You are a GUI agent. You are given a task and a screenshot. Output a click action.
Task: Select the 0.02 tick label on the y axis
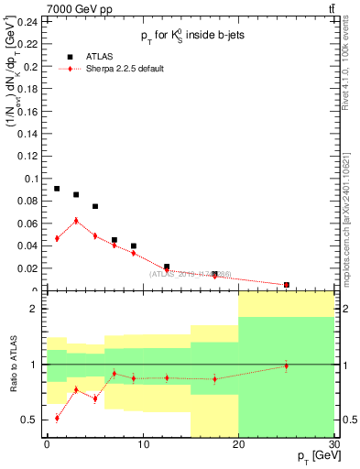[28, 268]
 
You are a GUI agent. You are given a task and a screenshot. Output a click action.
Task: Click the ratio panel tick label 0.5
[30, 420]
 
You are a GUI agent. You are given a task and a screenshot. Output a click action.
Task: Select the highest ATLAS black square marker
[57, 189]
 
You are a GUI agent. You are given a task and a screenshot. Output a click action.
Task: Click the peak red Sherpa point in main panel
[76, 221]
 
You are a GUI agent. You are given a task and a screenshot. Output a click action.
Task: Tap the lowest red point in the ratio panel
[57, 418]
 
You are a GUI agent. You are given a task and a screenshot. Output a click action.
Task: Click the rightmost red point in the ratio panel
[286, 365]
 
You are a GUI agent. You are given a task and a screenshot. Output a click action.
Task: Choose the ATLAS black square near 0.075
[95, 206]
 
